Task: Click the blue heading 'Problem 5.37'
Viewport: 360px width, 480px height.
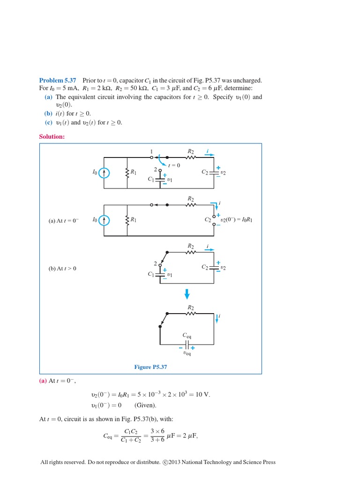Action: pos(57,81)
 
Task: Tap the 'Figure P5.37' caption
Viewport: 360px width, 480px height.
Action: pos(150,367)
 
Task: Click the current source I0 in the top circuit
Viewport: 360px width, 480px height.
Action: pos(105,173)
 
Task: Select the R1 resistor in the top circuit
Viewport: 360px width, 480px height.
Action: pos(127,173)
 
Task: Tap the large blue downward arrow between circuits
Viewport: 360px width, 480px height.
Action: pos(187,294)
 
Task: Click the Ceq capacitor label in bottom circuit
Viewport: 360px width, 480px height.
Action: pos(187,336)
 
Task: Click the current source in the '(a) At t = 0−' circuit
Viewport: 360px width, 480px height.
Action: pos(105,220)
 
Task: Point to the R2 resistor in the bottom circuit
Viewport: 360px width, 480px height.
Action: pos(191,313)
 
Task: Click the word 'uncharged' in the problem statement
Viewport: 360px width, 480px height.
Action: pos(249,81)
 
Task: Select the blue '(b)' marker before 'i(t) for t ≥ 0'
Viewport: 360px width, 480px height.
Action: pos(48,114)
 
